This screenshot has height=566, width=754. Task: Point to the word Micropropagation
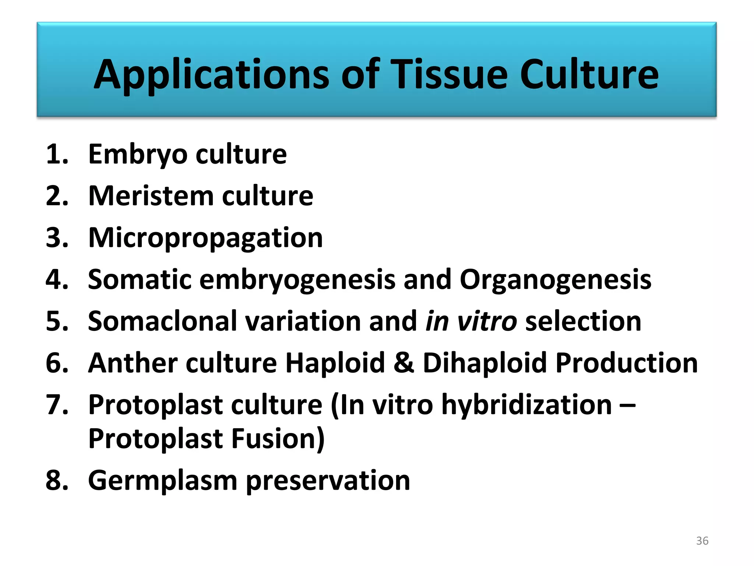tap(205, 238)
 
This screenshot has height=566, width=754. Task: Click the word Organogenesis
tap(555, 280)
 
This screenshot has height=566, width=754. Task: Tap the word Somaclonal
tap(162, 321)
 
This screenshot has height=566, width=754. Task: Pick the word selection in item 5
tap(583, 321)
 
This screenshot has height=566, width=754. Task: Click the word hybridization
tap(526, 405)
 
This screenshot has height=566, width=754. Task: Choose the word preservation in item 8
tap(328, 481)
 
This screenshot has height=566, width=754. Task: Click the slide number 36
tap(702, 541)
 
